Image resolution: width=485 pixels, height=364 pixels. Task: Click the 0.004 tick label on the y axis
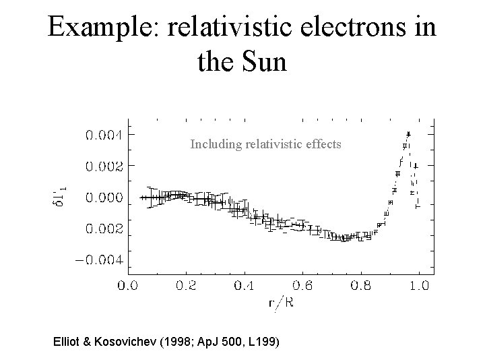(103, 133)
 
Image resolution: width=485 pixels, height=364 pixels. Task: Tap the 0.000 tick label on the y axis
(103, 198)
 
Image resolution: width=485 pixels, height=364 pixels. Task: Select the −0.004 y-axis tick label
(99, 260)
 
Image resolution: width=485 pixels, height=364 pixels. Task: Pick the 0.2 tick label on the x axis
(186, 285)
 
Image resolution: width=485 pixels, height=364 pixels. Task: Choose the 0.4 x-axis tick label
(244, 285)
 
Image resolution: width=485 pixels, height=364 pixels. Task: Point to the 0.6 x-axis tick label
(302, 285)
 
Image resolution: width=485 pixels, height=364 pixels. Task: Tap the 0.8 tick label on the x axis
(361, 285)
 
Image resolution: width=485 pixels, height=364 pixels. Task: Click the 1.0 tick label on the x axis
(419, 285)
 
